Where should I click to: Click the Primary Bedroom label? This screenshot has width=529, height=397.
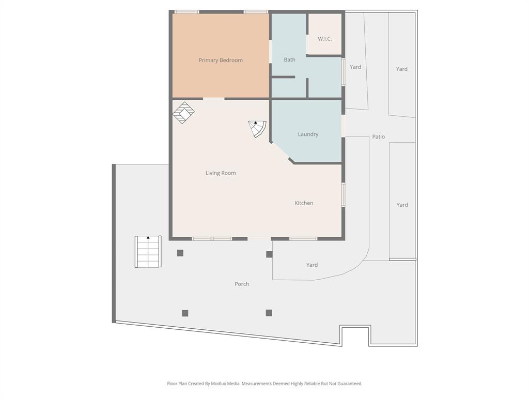pos(221,60)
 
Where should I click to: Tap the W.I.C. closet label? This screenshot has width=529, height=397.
pos(324,39)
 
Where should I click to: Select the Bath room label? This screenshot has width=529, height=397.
pos(289,60)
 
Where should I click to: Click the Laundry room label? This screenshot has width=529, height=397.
pos(308,134)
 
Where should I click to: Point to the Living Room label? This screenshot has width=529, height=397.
pos(221,173)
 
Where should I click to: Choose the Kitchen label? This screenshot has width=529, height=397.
pos(304,203)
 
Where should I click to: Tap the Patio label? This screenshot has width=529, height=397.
pos(378,137)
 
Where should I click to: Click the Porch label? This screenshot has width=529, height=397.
pos(242,284)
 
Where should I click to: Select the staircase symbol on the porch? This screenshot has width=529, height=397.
pos(148,252)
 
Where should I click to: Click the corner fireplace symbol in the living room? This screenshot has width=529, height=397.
pos(183,113)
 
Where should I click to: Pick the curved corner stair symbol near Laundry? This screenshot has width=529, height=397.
pos(257,128)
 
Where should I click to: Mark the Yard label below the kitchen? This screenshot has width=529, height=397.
pos(312,265)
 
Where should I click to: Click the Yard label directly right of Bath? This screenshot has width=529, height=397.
pos(355,67)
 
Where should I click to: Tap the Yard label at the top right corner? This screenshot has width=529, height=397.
pos(401,69)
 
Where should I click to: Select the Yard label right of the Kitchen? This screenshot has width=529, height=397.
pos(402,205)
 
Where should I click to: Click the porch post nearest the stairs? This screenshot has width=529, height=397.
pos(180,253)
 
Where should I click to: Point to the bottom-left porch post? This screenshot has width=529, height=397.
pos(185,313)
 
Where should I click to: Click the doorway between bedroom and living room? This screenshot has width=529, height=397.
pos(213,98)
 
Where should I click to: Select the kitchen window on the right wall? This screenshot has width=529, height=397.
pos(343,195)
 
